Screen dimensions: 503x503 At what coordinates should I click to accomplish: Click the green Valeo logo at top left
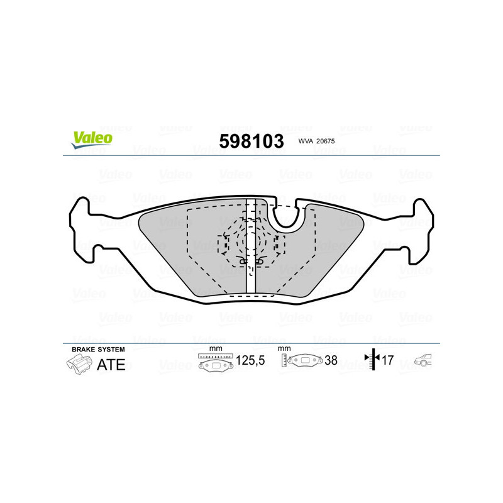(92, 140)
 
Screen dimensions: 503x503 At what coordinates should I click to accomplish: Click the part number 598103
(251, 141)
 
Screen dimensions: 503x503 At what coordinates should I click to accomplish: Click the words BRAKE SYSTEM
(98, 349)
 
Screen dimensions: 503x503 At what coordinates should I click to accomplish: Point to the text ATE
(111, 365)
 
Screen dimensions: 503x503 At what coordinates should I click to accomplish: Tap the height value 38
(331, 361)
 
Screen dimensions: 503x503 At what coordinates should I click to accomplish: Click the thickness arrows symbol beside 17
(373, 360)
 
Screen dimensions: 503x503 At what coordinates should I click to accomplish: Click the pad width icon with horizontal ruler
(216, 363)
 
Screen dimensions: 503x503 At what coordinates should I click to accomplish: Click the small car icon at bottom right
(423, 361)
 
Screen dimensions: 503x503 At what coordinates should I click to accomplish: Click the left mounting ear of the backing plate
(82, 226)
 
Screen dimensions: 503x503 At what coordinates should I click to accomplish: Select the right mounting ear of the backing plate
(420, 226)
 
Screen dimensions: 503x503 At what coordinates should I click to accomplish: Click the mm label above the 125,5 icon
(216, 348)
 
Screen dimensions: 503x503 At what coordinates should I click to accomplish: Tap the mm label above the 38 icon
(284, 348)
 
